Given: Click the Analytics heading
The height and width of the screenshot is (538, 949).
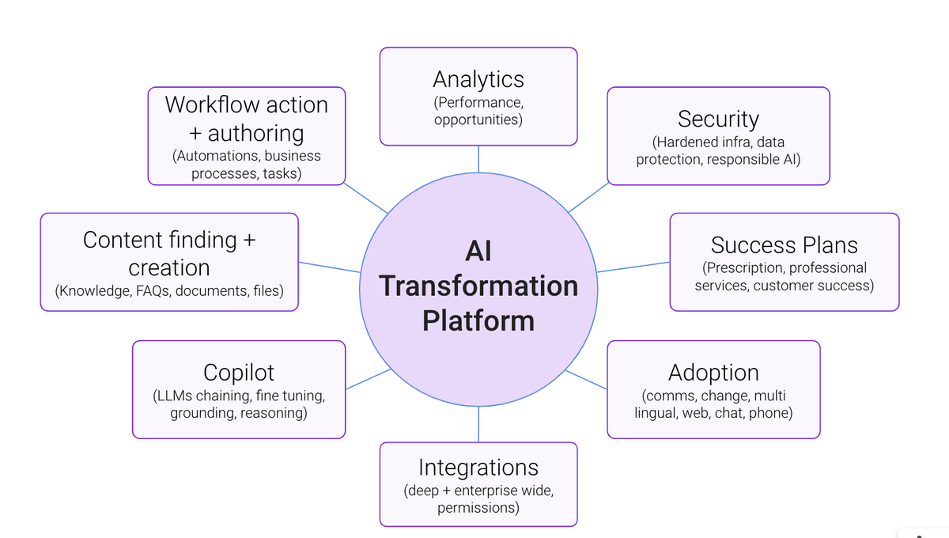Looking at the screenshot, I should (478, 79).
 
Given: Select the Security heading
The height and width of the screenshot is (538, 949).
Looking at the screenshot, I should (718, 119).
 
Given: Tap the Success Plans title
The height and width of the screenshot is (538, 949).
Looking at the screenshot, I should (784, 245).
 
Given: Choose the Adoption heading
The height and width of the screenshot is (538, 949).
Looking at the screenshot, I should (713, 372).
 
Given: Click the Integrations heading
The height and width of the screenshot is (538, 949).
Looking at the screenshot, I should (478, 467).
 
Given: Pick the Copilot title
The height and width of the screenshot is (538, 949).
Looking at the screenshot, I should (238, 372).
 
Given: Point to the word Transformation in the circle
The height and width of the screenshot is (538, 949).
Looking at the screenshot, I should (478, 286).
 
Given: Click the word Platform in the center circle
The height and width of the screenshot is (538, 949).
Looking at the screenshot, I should (478, 320).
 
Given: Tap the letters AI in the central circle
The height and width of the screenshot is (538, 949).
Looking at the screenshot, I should (478, 251).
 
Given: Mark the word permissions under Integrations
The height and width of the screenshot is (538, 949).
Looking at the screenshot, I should (478, 507).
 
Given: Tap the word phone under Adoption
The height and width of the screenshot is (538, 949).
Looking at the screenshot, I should (770, 412).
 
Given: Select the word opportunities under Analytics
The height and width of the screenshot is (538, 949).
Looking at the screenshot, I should (478, 120).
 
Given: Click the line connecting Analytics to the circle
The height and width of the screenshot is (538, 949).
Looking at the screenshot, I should (478, 159).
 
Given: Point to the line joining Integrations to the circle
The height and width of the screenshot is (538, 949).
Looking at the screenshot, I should (478, 425).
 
